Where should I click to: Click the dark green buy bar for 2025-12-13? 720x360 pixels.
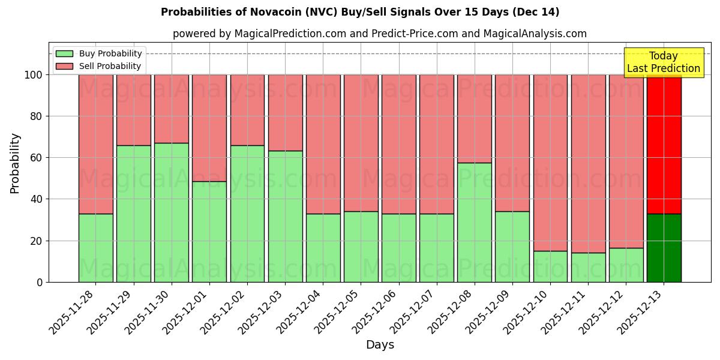click(x=664, y=248)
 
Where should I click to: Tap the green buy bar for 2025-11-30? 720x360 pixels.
click(x=172, y=212)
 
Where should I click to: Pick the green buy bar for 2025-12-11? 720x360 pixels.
click(x=588, y=267)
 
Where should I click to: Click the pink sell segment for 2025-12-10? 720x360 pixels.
click(x=550, y=163)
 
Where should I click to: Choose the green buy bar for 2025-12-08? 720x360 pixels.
click(x=474, y=222)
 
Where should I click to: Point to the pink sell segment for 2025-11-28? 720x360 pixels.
click(x=96, y=144)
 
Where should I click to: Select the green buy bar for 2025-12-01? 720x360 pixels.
click(x=209, y=232)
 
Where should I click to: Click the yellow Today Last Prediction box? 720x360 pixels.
click(x=664, y=62)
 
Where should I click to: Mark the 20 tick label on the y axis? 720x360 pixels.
click(x=36, y=241)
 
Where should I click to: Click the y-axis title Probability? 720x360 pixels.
click(x=15, y=163)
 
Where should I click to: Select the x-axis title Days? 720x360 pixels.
click(x=380, y=345)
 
